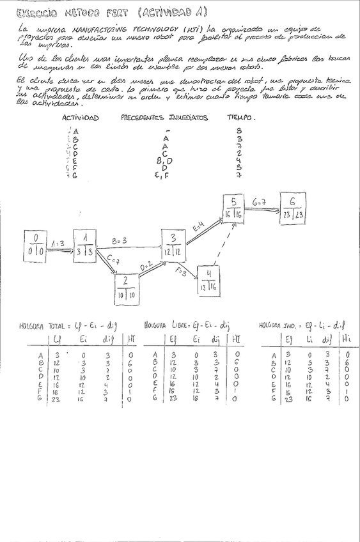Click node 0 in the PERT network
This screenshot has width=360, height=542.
(x=36, y=245)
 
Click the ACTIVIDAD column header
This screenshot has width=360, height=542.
(x=80, y=118)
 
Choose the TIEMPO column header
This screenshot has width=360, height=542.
(x=241, y=118)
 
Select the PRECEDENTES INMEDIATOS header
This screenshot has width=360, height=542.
(x=165, y=118)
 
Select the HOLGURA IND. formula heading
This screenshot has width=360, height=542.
(x=302, y=325)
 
